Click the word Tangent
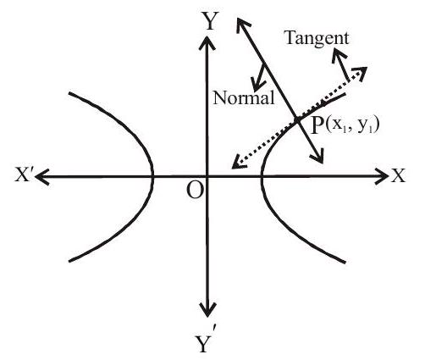tap(317, 39)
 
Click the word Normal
tap(244, 98)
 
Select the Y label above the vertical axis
tap(209, 21)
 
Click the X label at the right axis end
tap(398, 175)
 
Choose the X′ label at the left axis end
tap(25, 175)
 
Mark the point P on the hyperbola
tap(297, 119)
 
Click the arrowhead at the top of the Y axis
tap(207, 40)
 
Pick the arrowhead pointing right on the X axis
tap(383, 176)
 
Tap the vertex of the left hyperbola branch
tap(153, 177)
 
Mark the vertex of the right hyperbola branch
tap(262, 177)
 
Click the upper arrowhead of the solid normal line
tap(241, 24)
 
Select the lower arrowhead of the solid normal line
tap(318, 158)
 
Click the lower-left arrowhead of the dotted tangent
tap(237, 163)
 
